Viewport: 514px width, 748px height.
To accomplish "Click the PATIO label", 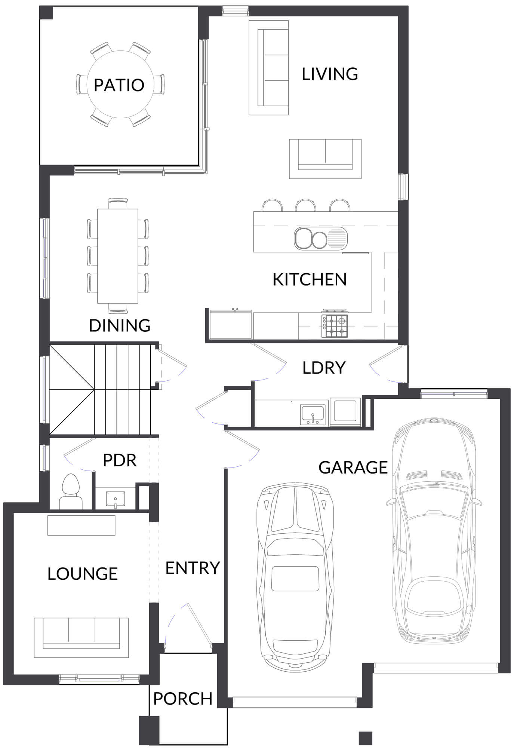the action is click(x=119, y=85).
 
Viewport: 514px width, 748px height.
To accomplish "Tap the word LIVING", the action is click(x=330, y=74).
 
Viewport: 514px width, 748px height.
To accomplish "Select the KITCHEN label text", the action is click(x=310, y=279).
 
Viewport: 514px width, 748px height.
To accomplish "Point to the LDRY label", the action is click(x=324, y=368).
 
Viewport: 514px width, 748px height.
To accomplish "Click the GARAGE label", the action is click(x=353, y=467).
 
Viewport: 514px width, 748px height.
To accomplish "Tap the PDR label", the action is click(x=120, y=460).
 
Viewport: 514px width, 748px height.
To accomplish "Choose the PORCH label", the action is click(x=183, y=699).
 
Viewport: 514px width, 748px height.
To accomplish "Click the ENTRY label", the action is click(x=193, y=568).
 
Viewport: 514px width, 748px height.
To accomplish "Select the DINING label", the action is click(x=120, y=325).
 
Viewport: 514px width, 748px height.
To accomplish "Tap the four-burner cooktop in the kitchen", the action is click(x=335, y=326).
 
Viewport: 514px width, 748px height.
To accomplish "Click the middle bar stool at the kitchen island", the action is click(x=305, y=205).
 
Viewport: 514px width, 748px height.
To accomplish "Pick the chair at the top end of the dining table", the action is click(x=118, y=203).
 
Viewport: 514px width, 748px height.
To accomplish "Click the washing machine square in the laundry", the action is click(x=345, y=411).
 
